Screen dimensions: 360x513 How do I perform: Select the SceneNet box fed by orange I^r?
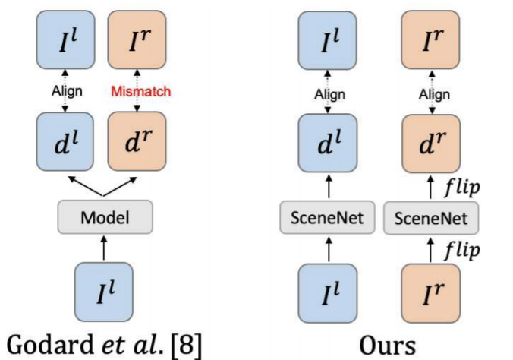[431, 219]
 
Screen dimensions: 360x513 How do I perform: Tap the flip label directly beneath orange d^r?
[463, 187]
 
